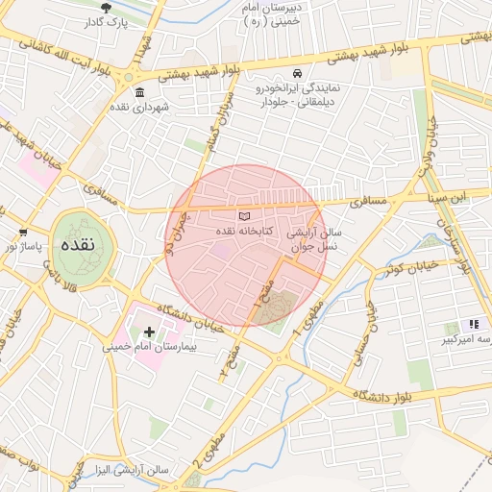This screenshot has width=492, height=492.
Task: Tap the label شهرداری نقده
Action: pos(140,107)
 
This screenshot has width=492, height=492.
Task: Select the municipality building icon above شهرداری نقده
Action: pos(140,93)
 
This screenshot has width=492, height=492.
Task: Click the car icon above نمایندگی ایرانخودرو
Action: pos(298,74)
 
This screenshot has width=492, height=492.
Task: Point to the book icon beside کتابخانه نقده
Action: pos(244,216)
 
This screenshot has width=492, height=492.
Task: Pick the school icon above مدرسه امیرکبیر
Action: pos(473,325)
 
